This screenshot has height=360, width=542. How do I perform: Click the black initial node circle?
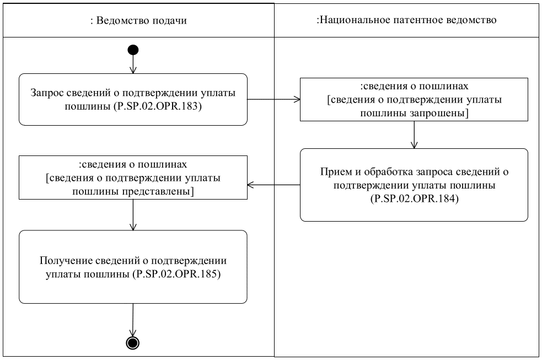point(133,50)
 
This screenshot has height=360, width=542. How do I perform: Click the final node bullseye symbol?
point(133,342)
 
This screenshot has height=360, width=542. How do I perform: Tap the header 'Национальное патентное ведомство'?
point(407,20)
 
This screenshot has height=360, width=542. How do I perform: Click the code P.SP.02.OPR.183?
point(167,106)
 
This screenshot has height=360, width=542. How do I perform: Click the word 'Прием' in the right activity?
point(333,171)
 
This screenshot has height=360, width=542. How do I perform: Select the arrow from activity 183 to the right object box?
point(273,100)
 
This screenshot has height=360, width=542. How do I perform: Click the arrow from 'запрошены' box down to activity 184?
point(414,134)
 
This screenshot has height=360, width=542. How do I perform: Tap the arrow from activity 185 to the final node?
point(133,319)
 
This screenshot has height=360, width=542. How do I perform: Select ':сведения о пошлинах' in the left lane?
point(133,164)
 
